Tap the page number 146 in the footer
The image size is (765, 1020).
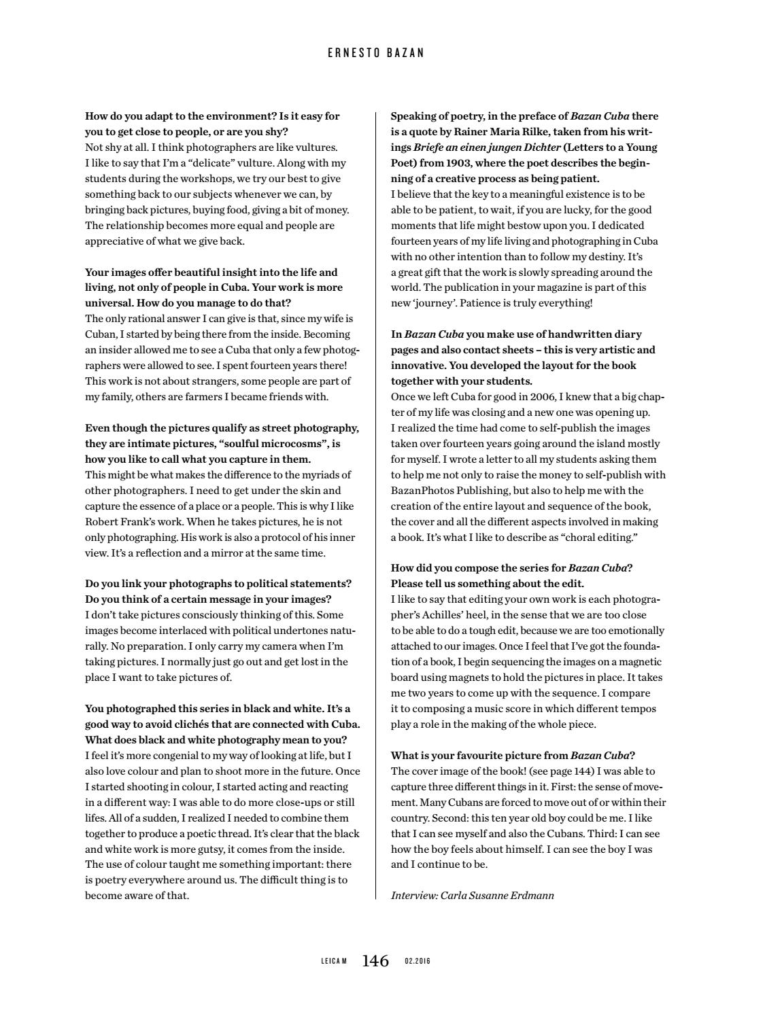[375, 961]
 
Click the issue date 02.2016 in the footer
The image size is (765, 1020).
[418, 962]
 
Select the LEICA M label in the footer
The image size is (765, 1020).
[334, 962]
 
